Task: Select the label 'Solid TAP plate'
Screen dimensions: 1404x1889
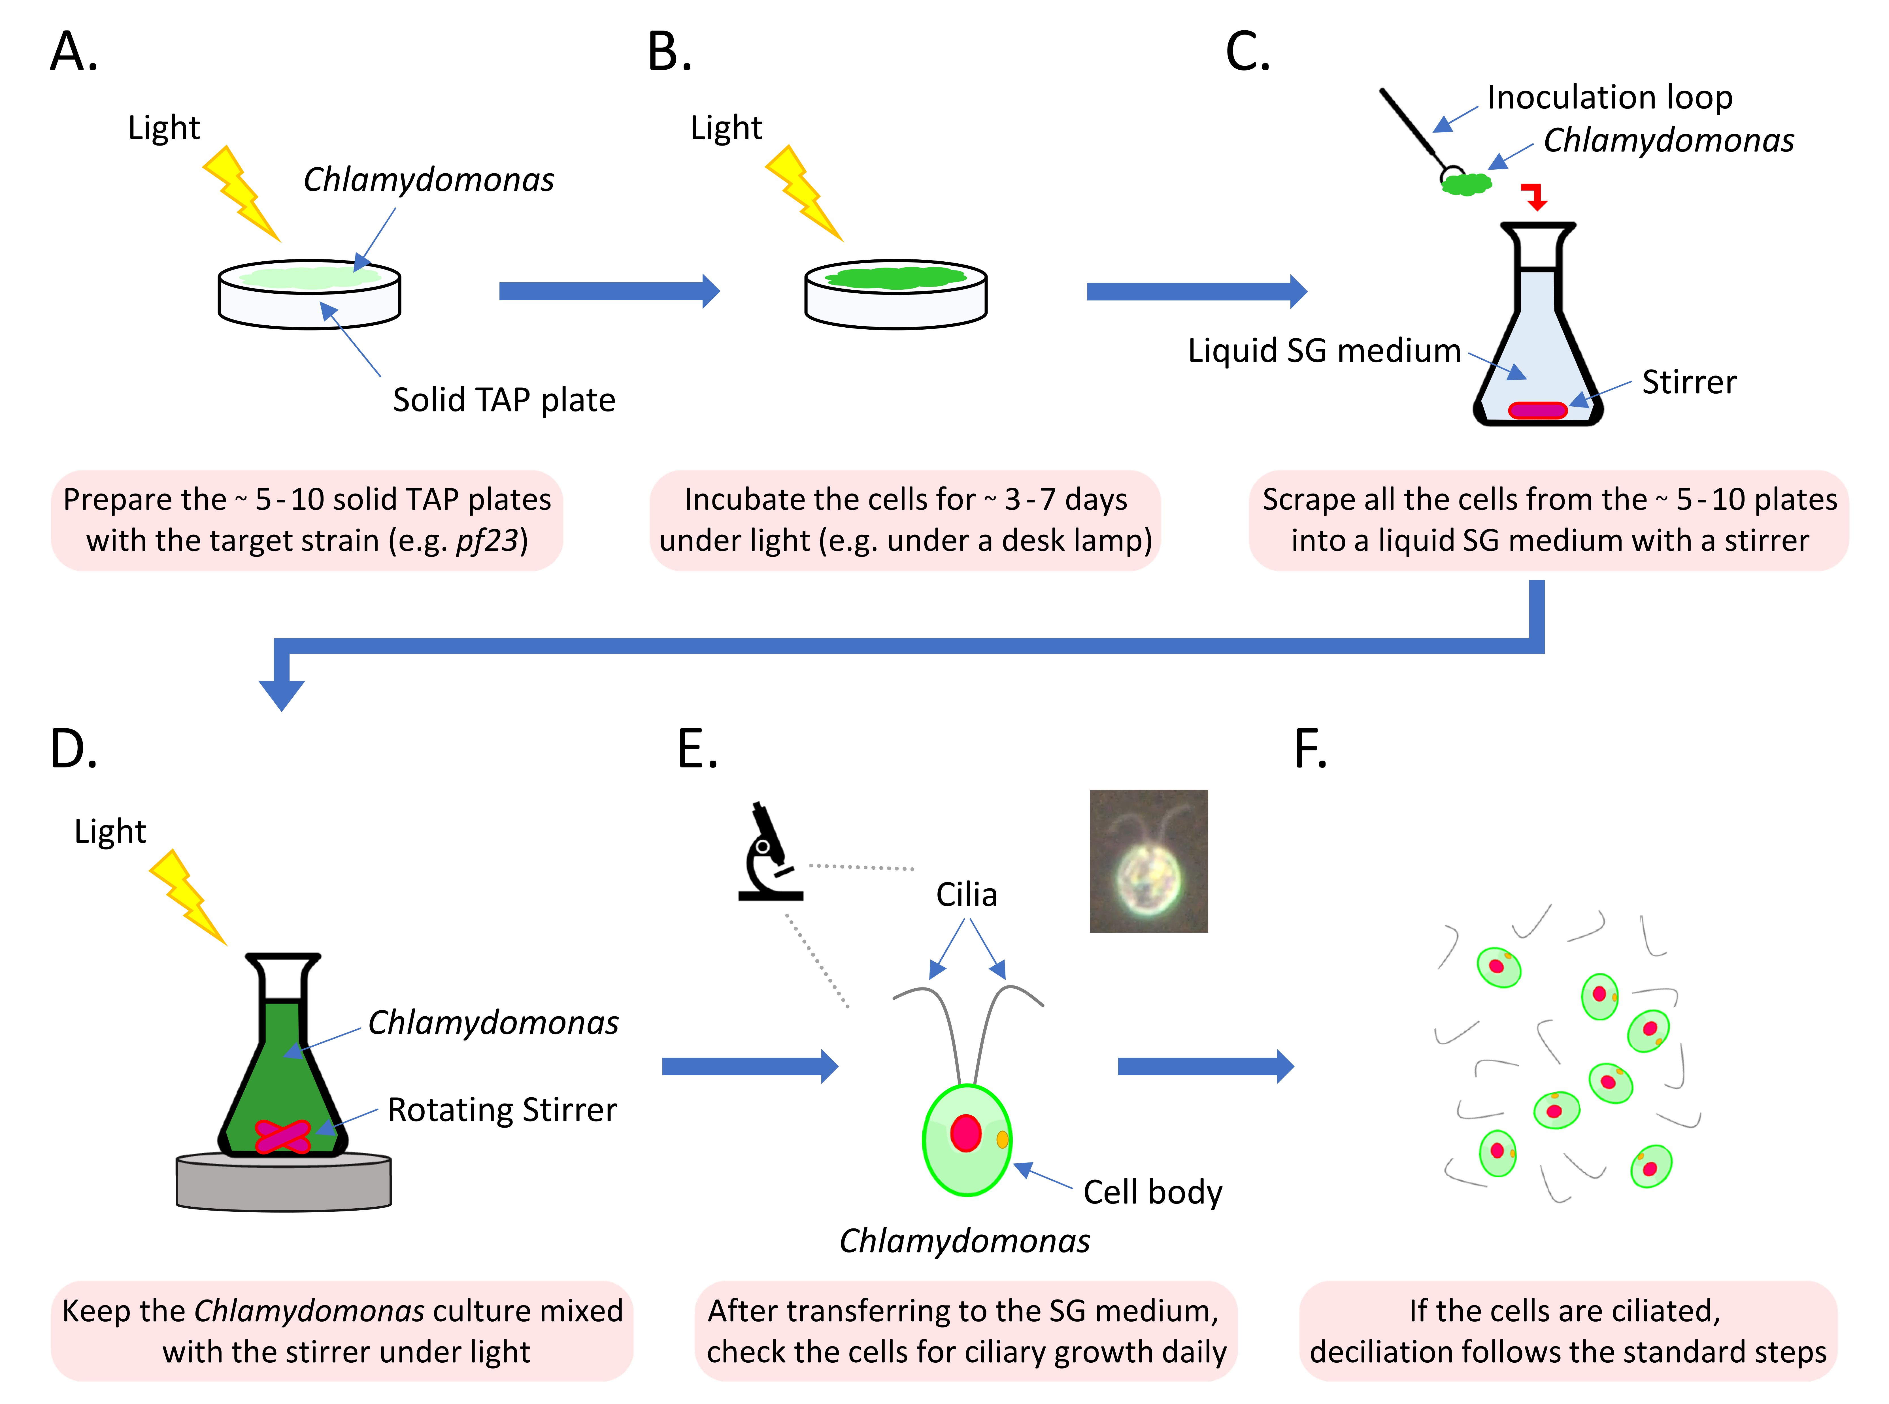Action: click(x=503, y=400)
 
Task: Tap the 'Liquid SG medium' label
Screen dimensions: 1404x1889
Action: click(x=1324, y=350)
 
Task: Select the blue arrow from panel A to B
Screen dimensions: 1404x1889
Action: click(x=608, y=291)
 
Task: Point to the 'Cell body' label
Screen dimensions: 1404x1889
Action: click(x=1152, y=1192)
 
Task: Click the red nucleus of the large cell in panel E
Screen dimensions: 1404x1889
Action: click(x=966, y=1133)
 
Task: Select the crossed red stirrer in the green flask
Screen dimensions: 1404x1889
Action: click(x=282, y=1136)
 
